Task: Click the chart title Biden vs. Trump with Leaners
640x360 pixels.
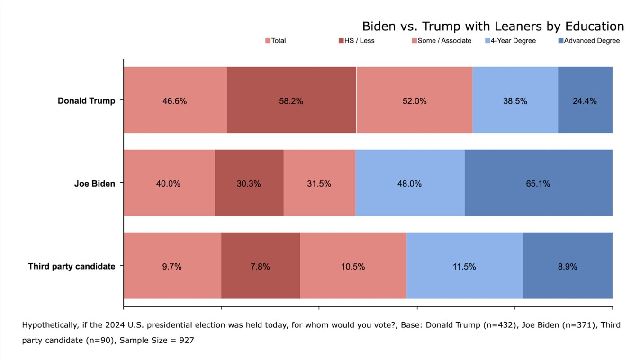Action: tap(493, 26)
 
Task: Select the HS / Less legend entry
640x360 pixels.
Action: tap(356, 41)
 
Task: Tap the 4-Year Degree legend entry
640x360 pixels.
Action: tap(510, 41)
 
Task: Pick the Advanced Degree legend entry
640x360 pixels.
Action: tap(589, 41)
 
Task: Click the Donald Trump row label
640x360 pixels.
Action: tap(86, 100)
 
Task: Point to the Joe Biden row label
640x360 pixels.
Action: tap(95, 183)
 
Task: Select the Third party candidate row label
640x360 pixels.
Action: tap(72, 266)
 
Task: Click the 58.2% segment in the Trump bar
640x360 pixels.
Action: tap(291, 100)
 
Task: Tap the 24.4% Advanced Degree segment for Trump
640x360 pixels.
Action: tap(585, 100)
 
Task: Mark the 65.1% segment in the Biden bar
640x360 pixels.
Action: tap(538, 183)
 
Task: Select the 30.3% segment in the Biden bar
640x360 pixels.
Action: tap(249, 183)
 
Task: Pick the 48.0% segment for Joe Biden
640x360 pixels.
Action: tap(409, 183)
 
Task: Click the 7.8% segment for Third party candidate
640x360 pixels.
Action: tap(260, 266)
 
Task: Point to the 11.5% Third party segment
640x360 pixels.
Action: tap(464, 266)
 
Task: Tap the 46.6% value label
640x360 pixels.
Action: tap(175, 101)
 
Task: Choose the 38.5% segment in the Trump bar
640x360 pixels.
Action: tap(515, 100)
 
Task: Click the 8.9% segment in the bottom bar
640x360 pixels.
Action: tap(568, 266)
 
